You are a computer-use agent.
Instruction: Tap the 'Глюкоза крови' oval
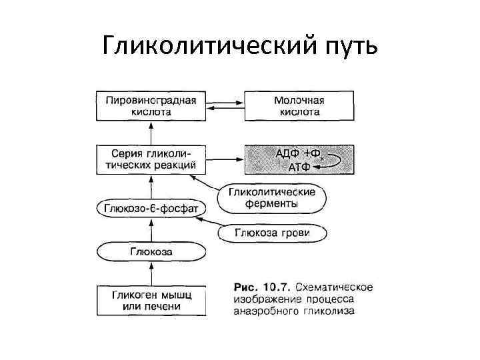tap(272, 233)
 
